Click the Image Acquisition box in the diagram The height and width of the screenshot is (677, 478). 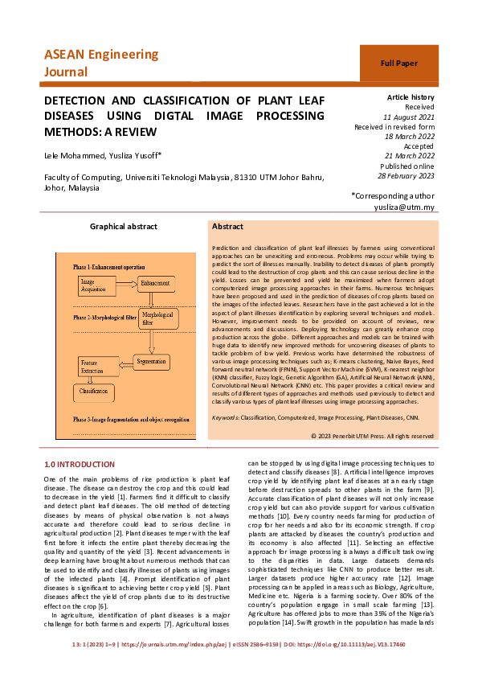pos(99,285)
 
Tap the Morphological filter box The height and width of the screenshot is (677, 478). pos(157,318)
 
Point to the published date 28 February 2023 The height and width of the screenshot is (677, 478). pos(406,175)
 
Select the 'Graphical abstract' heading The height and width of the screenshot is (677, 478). pos(123,228)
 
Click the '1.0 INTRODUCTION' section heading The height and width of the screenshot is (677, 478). pos(80,465)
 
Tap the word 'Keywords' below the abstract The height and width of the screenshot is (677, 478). pos(228,417)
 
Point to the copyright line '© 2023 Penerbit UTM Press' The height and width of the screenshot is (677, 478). pos(372,435)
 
